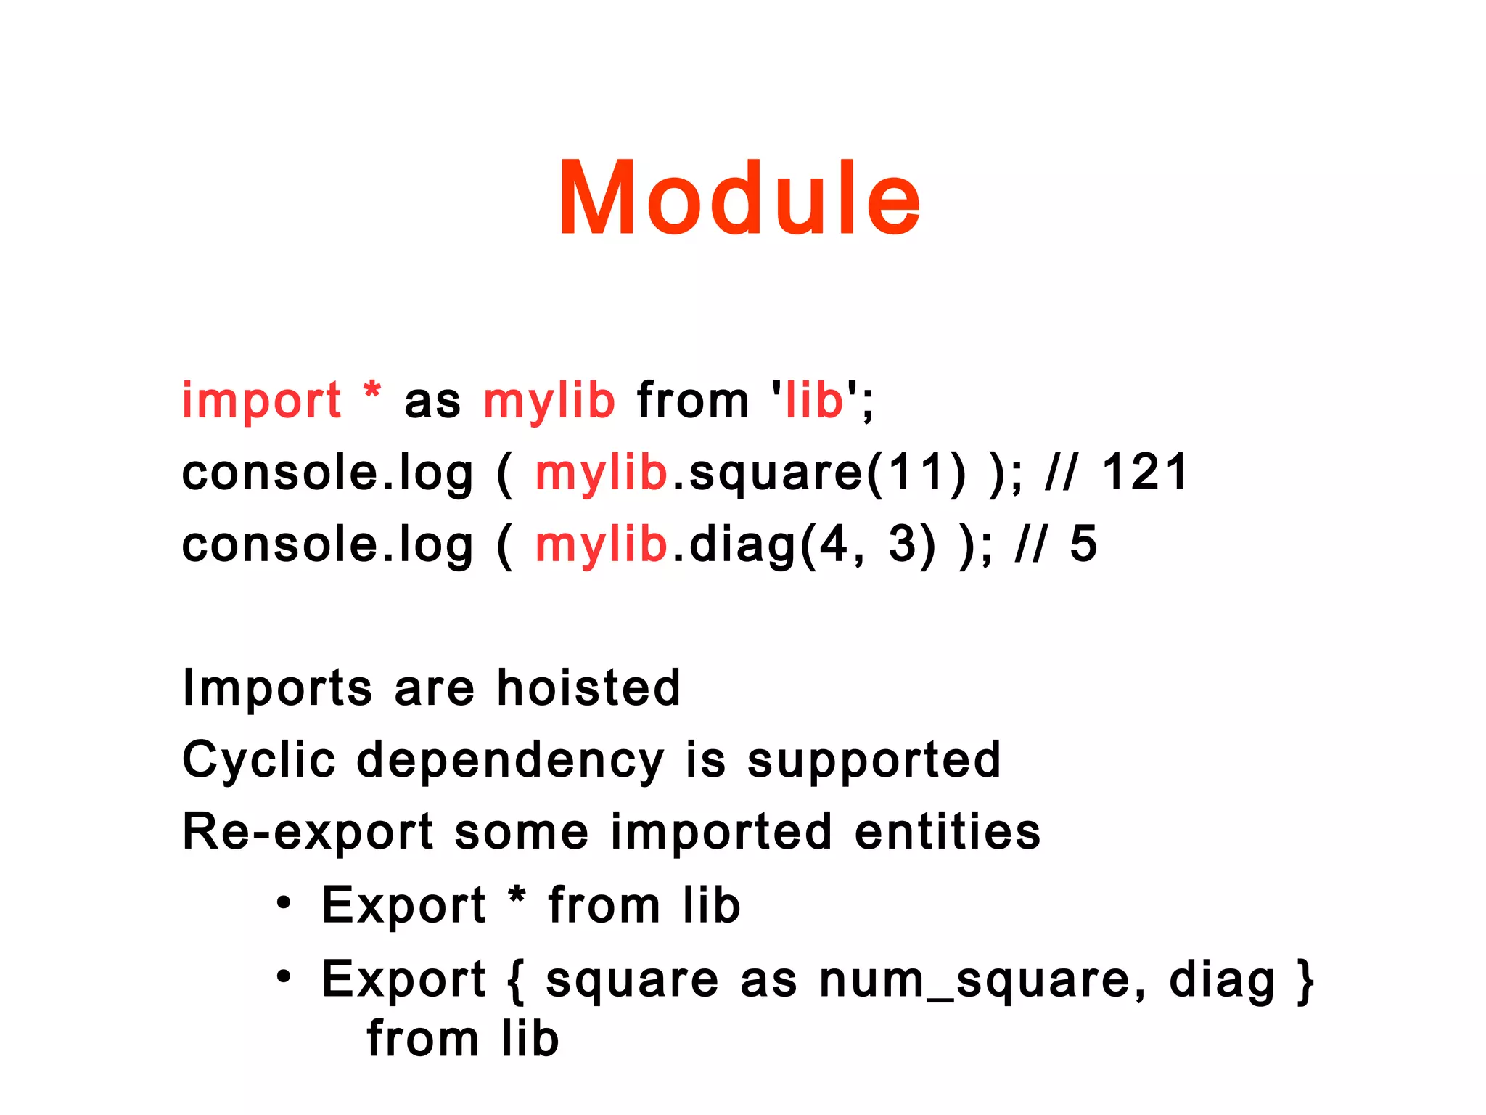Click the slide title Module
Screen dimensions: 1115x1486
739,199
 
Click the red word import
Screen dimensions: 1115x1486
261,401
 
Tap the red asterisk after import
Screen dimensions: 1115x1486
372,392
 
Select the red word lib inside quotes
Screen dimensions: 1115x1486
815,401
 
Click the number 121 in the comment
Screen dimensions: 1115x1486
1145,472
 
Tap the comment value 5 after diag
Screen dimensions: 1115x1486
1083,544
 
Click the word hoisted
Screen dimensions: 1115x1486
588,687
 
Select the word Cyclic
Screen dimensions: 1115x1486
259,760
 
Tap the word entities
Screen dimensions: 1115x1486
947,831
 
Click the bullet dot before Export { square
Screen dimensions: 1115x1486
284,977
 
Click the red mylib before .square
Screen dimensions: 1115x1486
601,473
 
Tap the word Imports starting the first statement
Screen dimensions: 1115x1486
277,687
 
